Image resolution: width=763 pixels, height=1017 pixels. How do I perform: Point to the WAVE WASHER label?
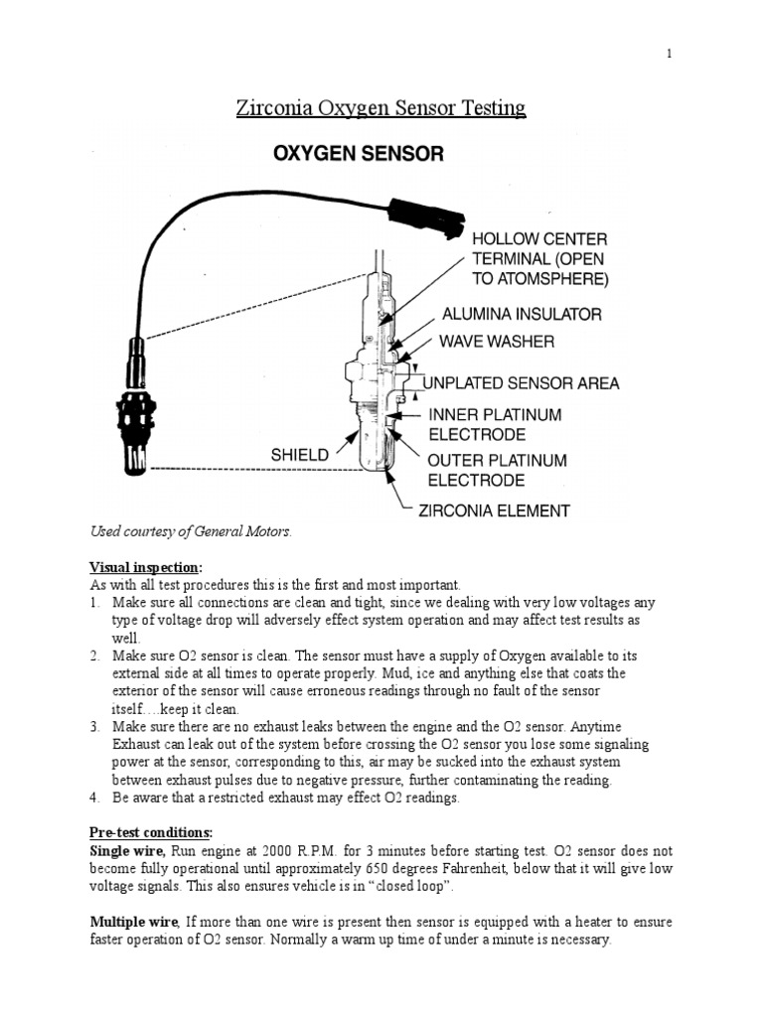pos(498,342)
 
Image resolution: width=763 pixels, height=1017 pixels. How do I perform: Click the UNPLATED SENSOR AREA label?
pos(523,382)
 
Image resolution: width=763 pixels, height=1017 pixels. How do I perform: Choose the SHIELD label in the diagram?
pos(299,455)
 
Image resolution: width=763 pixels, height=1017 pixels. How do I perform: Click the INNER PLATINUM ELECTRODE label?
pos(495,424)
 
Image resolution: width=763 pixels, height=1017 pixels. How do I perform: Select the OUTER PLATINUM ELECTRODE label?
pos(497,471)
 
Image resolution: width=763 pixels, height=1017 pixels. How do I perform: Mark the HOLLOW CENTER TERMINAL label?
pos(538,258)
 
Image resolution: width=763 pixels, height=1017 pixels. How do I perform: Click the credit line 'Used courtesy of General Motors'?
pos(191,532)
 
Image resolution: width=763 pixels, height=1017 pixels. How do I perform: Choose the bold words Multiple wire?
pos(134,923)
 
